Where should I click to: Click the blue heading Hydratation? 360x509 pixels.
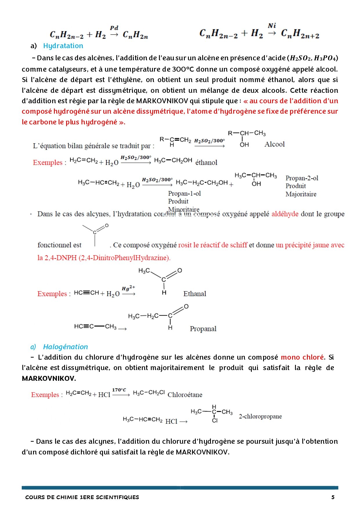(63, 46)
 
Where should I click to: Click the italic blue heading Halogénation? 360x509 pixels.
(65, 347)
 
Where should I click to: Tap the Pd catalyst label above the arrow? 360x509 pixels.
(114, 28)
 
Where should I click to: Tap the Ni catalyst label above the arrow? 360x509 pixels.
(272, 26)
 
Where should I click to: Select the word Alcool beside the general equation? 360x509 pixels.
(274, 144)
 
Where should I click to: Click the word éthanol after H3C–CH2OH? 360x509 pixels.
(206, 162)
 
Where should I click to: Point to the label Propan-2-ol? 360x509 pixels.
(302, 178)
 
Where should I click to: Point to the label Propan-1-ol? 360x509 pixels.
(184, 193)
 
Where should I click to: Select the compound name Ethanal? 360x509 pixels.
(195, 294)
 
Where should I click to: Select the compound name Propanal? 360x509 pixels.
(203, 329)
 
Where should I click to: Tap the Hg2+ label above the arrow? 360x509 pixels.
(128, 288)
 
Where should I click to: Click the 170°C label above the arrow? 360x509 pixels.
(119, 390)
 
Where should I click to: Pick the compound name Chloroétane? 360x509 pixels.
(185, 395)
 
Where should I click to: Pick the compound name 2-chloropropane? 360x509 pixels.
(260, 416)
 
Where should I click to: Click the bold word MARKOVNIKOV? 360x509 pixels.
(49, 378)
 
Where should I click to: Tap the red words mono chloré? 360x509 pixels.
(302, 357)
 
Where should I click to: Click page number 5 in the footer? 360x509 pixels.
(333, 497)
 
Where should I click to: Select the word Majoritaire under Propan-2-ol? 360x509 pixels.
(301, 194)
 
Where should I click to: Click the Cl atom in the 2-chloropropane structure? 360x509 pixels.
(215, 421)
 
